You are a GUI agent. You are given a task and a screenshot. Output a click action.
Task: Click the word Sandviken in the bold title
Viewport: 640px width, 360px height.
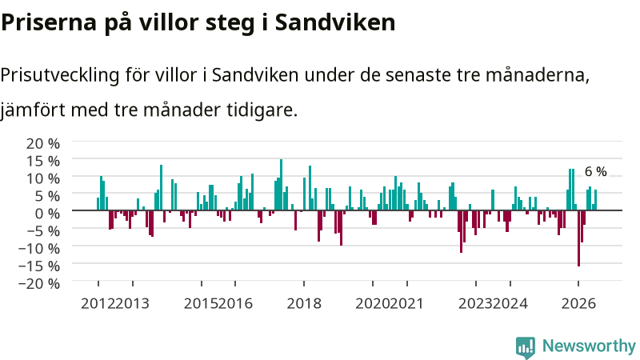pos(335,22)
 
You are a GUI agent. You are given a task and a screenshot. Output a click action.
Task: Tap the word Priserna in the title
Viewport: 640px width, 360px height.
pos(49,22)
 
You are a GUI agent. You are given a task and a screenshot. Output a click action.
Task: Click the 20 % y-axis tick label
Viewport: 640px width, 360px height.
pos(43,144)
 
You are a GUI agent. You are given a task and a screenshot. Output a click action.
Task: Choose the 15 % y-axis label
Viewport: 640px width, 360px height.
pos(43,162)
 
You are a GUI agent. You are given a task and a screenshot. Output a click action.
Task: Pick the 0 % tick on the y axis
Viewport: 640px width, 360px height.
pos(47,214)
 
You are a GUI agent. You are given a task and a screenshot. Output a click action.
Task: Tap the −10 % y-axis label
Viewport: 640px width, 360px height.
pos(39,248)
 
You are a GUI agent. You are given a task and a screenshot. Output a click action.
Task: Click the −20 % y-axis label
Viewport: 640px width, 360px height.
pos(39,283)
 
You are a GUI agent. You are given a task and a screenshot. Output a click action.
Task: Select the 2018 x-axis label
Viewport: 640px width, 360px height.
pos(304,304)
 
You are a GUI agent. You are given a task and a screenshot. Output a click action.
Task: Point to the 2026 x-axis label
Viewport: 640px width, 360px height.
pos(578,304)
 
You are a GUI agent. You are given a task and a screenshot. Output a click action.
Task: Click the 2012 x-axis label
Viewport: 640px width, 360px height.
pos(98,304)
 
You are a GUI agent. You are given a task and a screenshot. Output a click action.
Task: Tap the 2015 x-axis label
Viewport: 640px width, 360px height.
pos(201,304)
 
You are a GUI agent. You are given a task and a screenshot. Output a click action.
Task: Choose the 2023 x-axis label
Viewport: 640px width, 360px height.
pos(475,304)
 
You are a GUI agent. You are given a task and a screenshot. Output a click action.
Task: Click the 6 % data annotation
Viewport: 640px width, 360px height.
pos(595,172)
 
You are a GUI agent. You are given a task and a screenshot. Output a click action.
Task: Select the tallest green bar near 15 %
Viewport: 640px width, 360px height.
pos(281,185)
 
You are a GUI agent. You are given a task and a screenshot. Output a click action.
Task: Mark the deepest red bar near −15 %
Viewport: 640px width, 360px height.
pos(578,238)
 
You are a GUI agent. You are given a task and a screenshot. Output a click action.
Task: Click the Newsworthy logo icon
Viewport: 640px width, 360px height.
pos(526,347)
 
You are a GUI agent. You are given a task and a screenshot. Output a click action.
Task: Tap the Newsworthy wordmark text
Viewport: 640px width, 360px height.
pos(589,346)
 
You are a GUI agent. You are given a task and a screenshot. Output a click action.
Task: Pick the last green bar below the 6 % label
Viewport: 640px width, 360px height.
pos(595,200)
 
